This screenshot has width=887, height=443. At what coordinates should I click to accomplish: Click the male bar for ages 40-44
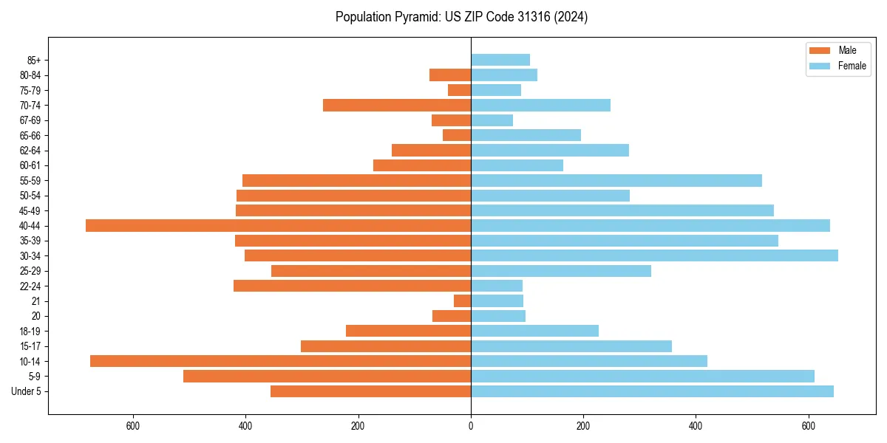pos(278,225)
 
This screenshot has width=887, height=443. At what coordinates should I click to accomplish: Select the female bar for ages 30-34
pos(654,255)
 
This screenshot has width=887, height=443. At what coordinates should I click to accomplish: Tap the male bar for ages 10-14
pos(280,361)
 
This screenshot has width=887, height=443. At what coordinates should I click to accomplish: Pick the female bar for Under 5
pos(652,391)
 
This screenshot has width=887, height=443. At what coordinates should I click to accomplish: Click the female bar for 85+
pos(500,60)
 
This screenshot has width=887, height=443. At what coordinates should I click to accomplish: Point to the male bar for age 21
pos(463,301)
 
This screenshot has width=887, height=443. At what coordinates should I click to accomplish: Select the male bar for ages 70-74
pos(397,105)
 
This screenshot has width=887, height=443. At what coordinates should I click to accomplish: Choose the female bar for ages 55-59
pos(616,180)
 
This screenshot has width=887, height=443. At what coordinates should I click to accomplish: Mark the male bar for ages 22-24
pos(352,286)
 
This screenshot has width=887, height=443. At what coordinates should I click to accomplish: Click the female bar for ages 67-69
pos(492,120)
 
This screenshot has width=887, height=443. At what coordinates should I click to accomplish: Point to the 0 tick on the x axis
pos(471,426)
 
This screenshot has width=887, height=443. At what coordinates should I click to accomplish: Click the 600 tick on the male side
pos(133,426)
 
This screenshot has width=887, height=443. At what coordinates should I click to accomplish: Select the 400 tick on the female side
pos(696,426)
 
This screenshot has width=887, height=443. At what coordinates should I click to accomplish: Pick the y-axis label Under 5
pos(27,391)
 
